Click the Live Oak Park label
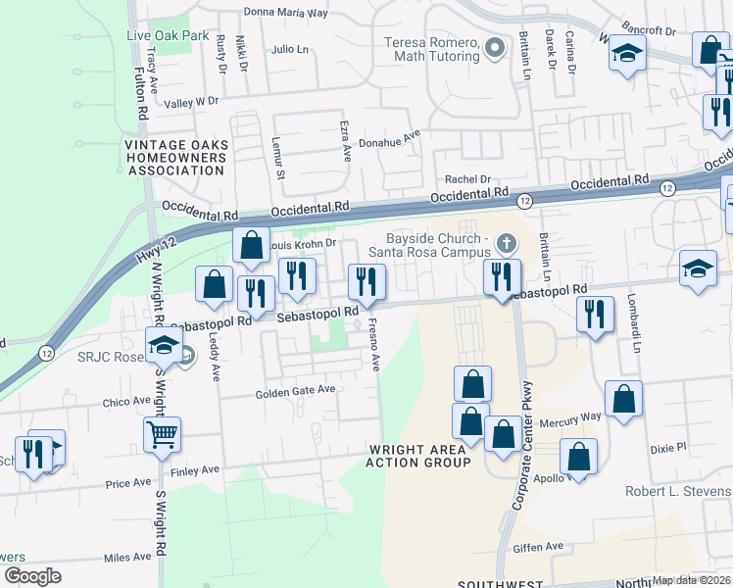tap(168, 35)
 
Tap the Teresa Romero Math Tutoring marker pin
tap(496, 47)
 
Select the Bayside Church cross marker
tap(507, 242)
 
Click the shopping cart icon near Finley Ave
tap(162, 433)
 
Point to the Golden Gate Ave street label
tap(295, 389)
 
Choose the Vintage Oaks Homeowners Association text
tap(176, 157)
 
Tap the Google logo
tap(32, 576)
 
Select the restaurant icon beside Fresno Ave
tap(364, 282)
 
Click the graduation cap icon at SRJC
tap(164, 345)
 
